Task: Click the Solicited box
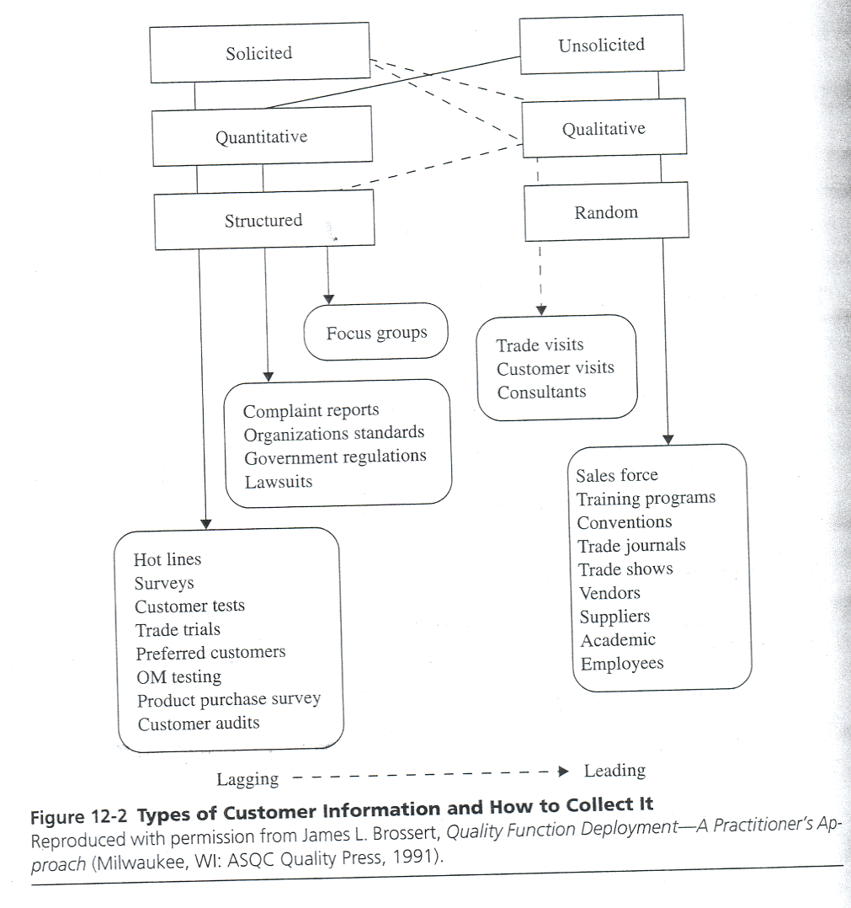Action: (259, 53)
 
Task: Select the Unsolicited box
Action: (601, 45)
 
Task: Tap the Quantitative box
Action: (262, 136)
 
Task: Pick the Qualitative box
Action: (604, 129)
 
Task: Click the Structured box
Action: (263, 221)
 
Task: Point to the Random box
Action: (606, 212)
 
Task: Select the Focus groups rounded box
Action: (376, 333)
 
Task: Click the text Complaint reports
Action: (311, 411)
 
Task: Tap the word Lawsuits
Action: (278, 482)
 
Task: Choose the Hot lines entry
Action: (168, 559)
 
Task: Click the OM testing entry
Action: (178, 676)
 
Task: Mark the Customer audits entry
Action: (199, 723)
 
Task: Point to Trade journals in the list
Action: (631, 546)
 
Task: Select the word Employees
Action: (621, 664)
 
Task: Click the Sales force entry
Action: (616, 475)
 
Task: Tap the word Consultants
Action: (541, 392)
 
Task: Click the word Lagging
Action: (247, 779)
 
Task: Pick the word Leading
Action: (614, 771)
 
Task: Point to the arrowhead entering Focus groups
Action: (329, 298)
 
